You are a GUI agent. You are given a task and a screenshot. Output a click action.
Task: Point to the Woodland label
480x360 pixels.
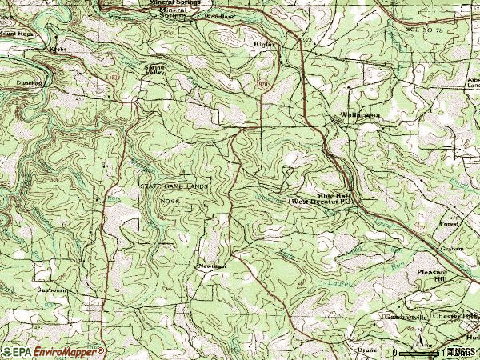pyautogui.click(x=220, y=16)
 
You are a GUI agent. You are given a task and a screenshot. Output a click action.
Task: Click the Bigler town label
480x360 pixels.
pyautogui.click(x=263, y=44)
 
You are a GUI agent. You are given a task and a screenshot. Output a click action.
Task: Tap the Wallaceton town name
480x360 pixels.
pyautogui.click(x=360, y=115)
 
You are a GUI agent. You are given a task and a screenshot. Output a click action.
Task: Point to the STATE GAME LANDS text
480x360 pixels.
pyautogui.click(x=173, y=186)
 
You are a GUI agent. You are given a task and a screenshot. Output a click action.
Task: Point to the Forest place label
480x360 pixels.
pyautogui.click(x=450, y=225)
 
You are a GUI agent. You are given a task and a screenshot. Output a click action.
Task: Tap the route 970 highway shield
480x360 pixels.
pyautogui.click(x=265, y=82)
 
